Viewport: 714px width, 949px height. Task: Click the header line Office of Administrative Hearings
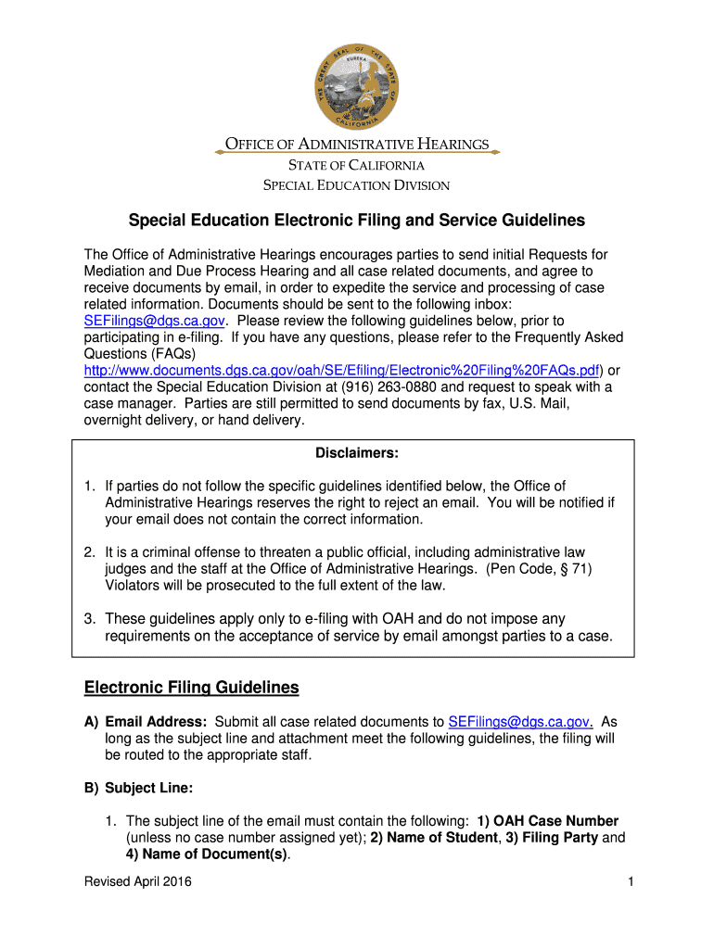click(357, 145)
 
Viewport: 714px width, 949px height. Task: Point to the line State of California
click(357, 165)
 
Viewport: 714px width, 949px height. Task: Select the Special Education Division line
click(357, 185)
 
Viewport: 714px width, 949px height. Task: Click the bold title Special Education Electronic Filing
click(356, 221)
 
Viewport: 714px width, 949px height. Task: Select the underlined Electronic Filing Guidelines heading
click(192, 688)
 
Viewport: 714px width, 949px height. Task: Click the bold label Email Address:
click(156, 722)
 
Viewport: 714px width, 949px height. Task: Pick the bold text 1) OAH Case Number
click(548, 821)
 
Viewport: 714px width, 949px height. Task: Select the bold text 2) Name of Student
click(434, 838)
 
